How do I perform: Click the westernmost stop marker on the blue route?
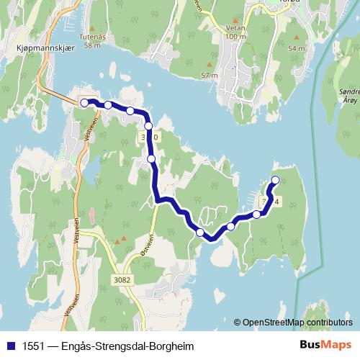[84, 103]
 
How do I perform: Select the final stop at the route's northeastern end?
[275, 179]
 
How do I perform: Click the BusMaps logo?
[325, 345]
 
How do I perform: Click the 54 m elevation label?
[297, 48]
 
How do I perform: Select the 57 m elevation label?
[209, 75]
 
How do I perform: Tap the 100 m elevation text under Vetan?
[235, 36]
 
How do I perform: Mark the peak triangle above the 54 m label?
[296, 36]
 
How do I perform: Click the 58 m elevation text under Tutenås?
[91, 45]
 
